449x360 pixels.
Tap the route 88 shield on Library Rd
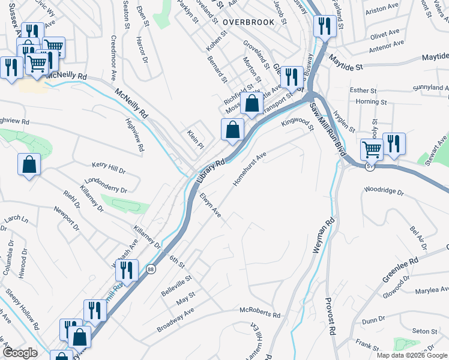pos(151,269)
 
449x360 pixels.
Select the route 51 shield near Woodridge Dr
pos(370,166)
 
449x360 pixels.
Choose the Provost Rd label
pos(331,317)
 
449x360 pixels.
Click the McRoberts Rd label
pos(260,314)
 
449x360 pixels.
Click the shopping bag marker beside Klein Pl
pos(232,129)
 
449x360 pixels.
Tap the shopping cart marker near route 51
pos(372,149)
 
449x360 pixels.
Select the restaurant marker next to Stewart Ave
pos(394,143)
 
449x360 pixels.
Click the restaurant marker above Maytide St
pos(325,26)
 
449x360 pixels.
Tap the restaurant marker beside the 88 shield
pos(127,271)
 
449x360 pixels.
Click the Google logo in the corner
pos(20,353)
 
